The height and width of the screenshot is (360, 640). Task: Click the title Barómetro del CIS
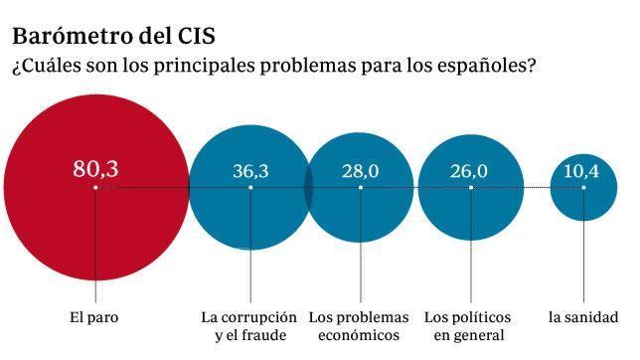(x=113, y=36)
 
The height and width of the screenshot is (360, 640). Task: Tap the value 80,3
(x=95, y=169)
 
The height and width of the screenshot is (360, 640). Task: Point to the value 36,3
(x=250, y=171)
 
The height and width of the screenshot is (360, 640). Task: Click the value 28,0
(x=360, y=171)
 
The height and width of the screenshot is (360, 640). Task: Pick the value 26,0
(x=468, y=171)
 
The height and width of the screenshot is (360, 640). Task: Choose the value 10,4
(x=581, y=171)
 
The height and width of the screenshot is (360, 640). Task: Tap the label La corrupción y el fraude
(x=249, y=326)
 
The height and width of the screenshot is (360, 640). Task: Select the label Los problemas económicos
(x=359, y=326)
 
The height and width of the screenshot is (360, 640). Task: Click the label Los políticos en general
(x=468, y=326)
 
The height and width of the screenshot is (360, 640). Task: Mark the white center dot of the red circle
(x=95, y=187)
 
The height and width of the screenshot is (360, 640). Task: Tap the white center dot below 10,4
(x=582, y=187)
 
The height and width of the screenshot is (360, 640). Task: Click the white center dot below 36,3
(x=250, y=187)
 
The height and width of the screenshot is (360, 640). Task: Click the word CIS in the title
(x=193, y=36)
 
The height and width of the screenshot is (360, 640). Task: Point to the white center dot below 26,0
(x=468, y=187)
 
